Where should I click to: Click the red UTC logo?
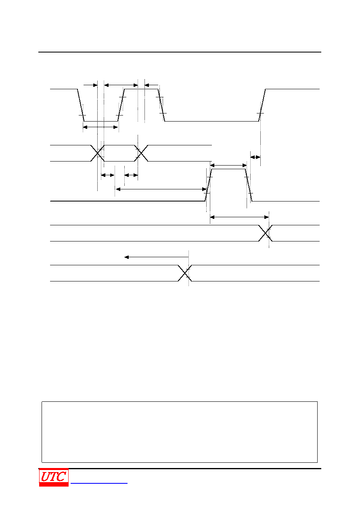pos(54,477)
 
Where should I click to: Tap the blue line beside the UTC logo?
pos(99,483)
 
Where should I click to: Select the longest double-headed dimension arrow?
pos(161,189)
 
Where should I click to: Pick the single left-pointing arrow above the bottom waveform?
pos(157,257)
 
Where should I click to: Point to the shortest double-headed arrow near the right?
pos(255,157)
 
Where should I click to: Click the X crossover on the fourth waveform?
pos(265,233)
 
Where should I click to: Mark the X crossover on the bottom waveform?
pos(184,273)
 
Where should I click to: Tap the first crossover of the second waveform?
pos(97,153)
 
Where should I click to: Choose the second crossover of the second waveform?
pos(141,153)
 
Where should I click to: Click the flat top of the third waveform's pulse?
pos(228,169)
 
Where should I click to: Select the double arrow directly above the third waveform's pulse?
pos(228,165)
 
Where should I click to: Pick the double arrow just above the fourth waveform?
pos(239,217)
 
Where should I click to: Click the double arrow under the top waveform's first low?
pos(100,127)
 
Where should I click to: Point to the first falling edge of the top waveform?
pos(81,105)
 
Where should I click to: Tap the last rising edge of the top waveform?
pos(262,105)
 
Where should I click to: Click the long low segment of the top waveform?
pos(211,121)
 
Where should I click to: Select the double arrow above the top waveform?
pos(121,85)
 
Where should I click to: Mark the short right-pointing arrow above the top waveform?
pos(90,85)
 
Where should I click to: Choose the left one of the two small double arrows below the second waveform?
pos(108,175)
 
